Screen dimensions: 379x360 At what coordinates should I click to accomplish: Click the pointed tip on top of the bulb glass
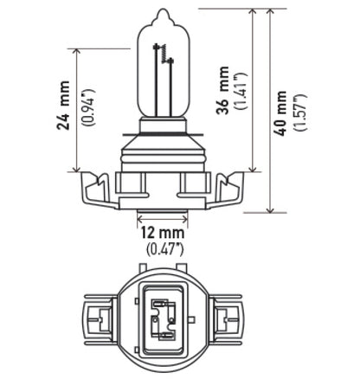click(x=161, y=12)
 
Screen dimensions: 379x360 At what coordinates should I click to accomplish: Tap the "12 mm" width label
click(x=162, y=233)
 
